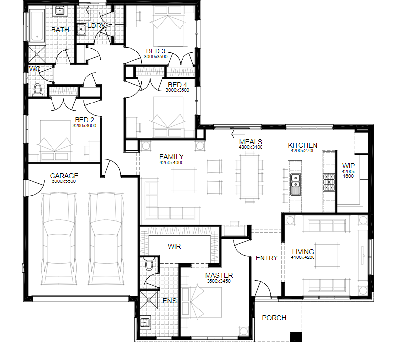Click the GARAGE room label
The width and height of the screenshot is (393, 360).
coord(64,176)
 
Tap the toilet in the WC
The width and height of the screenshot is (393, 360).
coord(38,90)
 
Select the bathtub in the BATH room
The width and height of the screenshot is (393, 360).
coord(37,26)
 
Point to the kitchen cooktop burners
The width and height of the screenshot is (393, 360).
coord(329,182)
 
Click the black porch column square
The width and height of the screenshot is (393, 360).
coord(296,336)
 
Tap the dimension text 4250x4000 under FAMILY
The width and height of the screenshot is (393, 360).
coord(171,163)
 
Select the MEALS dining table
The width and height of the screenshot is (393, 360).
coord(249,177)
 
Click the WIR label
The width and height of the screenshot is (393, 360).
coord(174,246)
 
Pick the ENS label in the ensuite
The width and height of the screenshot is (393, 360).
coord(170,301)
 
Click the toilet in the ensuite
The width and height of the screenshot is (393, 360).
coord(149,264)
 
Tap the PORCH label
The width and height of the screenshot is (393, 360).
coord(274,318)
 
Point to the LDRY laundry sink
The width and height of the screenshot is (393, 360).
coord(81,29)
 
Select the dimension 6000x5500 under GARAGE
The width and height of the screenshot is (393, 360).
coord(64,181)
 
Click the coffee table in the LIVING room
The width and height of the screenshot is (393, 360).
coord(327,255)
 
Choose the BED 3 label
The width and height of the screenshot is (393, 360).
coord(156,51)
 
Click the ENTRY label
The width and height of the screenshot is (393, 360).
coord(266,258)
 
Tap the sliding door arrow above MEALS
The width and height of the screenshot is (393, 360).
coord(237,134)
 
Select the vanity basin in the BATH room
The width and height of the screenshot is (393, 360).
coord(60,11)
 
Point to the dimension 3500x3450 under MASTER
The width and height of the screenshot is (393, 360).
coord(218,281)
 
